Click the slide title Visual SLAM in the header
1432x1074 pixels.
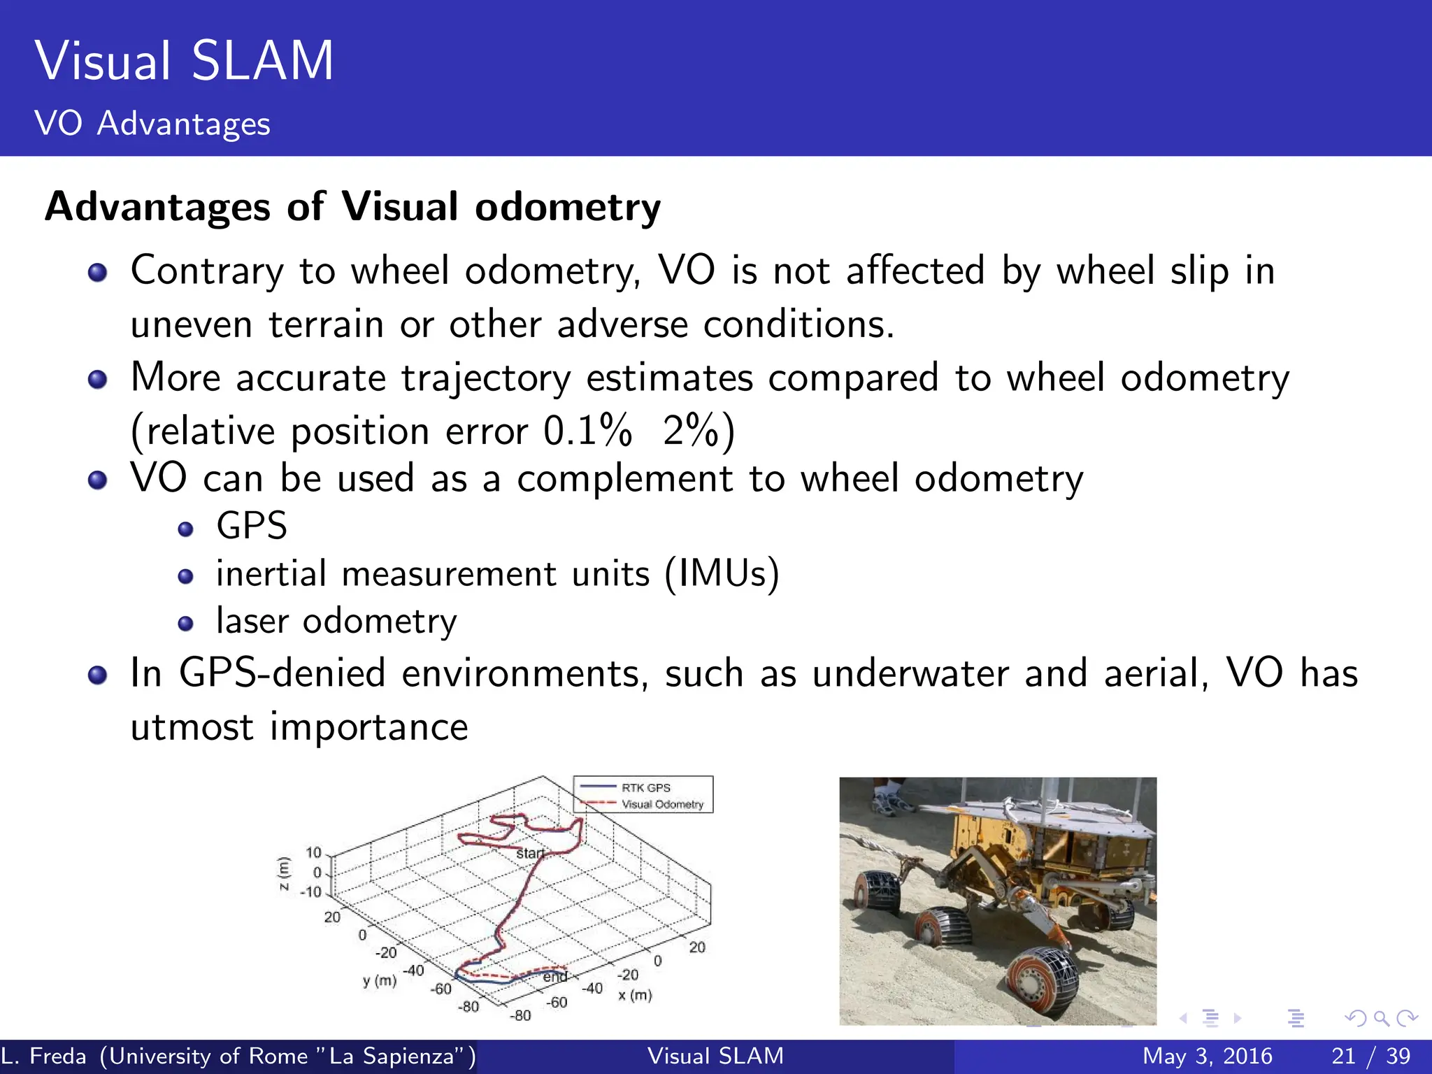[x=184, y=62]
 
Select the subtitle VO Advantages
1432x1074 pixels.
[x=152, y=124]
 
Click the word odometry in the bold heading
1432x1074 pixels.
[x=567, y=208]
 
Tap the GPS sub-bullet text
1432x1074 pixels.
[x=252, y=526]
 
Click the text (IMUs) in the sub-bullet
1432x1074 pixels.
[x=722, y=575]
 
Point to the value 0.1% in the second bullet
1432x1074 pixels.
[x=587, y=431]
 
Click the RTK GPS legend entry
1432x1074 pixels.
[x=645, y=788]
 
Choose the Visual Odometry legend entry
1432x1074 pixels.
[x=662, y=805]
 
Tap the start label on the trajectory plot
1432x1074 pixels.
[x=530, y=853]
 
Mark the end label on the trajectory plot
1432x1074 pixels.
[x=555, y=976]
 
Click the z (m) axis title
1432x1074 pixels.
[x=283, y=873]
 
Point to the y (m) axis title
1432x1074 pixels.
[x=380, y=981]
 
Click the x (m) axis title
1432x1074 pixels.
[x=635, y=995]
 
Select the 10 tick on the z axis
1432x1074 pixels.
[x=313, y=852]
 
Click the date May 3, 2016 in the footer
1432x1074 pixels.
[x=1207, y=1056]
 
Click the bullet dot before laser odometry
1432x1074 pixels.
[x=185, y=624]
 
